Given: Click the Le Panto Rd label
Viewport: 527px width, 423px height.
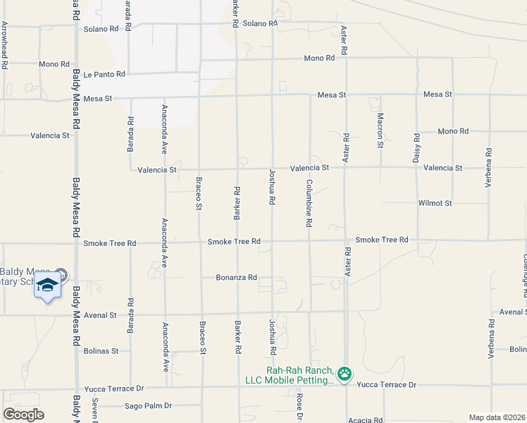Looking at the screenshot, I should click(x=104, y=74).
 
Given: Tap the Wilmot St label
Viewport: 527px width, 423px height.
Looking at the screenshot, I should click(x=434, y=203).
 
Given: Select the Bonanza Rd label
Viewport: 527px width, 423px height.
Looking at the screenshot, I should click(x=236, y=278).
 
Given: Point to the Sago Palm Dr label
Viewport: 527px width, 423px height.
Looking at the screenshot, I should click(x=148, y=406).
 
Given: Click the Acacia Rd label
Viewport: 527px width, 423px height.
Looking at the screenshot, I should click(x=365, y=419).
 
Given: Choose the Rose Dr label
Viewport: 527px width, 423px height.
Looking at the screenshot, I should click(x=299, y=407).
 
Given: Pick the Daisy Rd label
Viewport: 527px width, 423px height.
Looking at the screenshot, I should click(x=416, y=149).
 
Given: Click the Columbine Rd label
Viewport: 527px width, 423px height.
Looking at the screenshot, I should click(x=309, y=203).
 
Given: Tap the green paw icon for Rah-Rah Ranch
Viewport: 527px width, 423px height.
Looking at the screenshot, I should click(x=345, y=374).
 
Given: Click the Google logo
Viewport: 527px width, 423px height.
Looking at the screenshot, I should click(x=23, y=415).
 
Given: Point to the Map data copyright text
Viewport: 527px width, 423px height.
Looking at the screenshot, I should click(x=497, y=417).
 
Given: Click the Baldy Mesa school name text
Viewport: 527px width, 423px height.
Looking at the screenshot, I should click(x=21, y=276).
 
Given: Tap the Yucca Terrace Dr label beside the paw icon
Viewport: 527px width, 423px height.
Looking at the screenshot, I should click(x=387, y=385).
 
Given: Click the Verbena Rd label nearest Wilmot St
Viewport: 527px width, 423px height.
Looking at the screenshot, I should click(x=488, y=168).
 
